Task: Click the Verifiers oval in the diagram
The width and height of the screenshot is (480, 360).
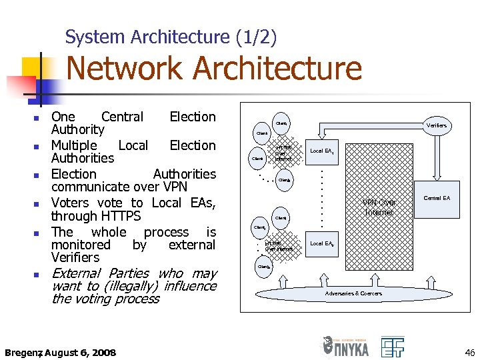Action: click(437, 125)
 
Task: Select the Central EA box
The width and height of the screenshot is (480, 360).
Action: click(437, 198)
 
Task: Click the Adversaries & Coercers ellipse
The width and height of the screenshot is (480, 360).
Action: click(353, 293)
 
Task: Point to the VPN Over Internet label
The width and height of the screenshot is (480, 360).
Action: click(379, 207)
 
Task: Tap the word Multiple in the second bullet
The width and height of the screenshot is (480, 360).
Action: click(74, 145)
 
